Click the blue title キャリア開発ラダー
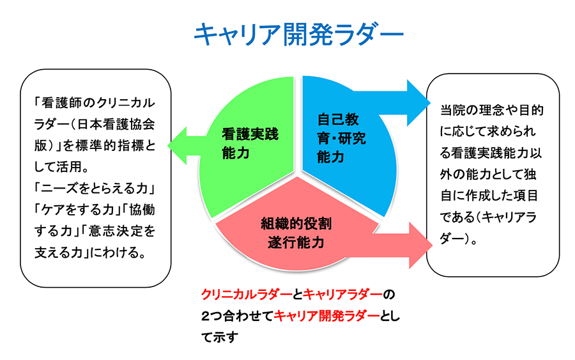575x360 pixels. click(x=298, y=35)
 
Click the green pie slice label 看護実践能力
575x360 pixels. click(x=250, y=143)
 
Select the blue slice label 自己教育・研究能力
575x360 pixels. click(x=341, y=138)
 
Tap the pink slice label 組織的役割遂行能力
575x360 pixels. click(x=296, y=233)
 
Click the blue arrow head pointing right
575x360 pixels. click(x=418, y=103)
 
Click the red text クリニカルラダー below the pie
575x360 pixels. click(x=247, y=294)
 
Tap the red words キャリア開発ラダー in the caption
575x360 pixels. click(x=327, y=316)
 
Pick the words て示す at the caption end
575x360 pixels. click(x=220, y=337)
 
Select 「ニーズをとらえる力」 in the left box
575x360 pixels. click(x=95, y=188)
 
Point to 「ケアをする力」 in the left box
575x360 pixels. click(x=77, y=210)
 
